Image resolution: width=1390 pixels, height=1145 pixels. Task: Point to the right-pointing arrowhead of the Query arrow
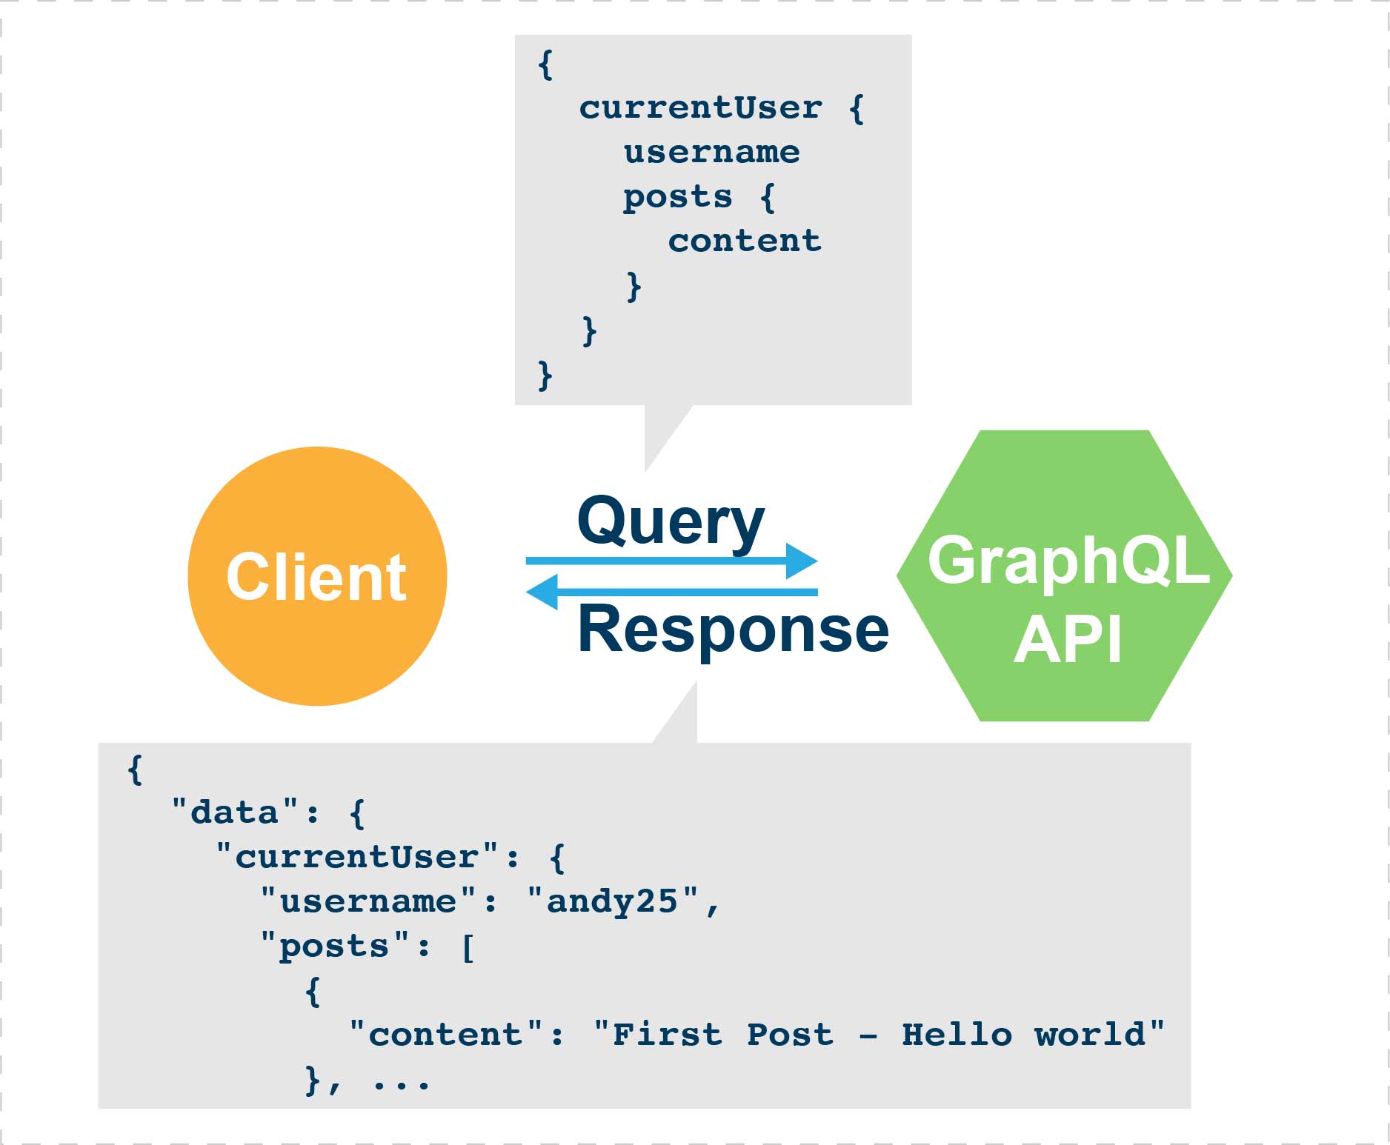click(802, 561)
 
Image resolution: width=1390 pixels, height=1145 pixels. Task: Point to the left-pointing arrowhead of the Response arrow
click(542, 592)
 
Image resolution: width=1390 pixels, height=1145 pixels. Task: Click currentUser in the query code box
click(700, 108)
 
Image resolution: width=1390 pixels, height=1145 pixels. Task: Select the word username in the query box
click(711, 153)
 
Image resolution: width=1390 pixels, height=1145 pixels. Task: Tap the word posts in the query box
click(677, 197)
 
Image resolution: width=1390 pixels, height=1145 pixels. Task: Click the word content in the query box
click(744, 241)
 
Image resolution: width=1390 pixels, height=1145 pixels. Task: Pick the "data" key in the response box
click(234, 812)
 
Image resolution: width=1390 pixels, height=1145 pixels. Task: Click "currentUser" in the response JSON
click(356, 857)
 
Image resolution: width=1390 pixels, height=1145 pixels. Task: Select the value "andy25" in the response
click(612, 901)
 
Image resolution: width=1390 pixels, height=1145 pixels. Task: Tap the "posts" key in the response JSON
click(334, 946)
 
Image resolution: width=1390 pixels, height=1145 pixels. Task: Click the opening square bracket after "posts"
click(468, 947)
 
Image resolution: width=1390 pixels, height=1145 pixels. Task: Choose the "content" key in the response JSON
click(445, 1035)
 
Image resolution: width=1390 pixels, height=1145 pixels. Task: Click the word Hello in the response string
click(956, 1035)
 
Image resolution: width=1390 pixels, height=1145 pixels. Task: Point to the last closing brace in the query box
click(545, 375)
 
